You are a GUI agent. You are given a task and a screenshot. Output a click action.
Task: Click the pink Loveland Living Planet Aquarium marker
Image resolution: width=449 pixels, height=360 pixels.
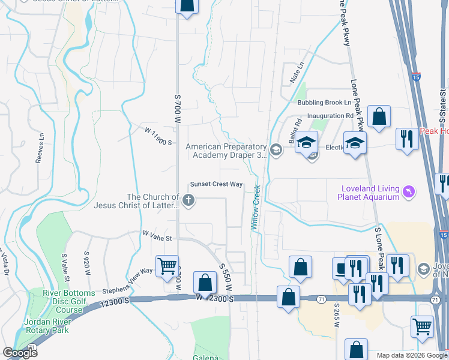point(410,191)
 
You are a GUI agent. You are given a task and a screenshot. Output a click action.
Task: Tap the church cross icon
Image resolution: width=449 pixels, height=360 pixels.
point(188,201)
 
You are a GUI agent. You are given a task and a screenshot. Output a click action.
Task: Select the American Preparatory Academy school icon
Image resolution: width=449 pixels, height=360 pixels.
point(276,149)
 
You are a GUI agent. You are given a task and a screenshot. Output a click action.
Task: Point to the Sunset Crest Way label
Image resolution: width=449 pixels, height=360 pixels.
point(216,184)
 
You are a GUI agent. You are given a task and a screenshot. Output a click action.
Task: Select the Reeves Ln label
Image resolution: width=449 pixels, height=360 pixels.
point(41,148)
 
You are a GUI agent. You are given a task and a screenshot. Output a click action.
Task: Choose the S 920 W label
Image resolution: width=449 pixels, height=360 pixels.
point(88,265)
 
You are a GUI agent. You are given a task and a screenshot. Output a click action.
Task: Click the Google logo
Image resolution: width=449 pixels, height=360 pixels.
point(20,353)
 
